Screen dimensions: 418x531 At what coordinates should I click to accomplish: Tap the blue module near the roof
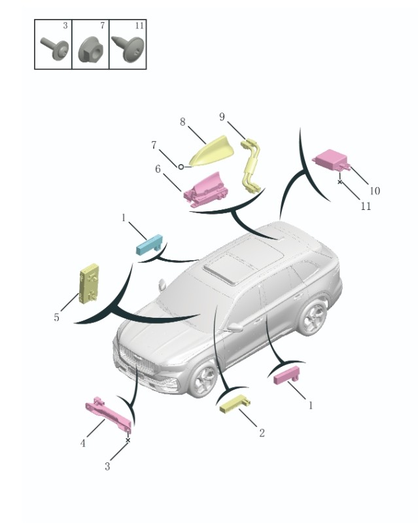click(x=150, y=244)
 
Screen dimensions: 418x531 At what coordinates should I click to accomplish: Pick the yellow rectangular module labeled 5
click(x=89, y=283)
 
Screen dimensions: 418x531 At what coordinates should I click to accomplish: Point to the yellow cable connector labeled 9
click(x=251, y=165)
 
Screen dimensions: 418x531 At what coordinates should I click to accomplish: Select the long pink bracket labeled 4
click(x=108, y=414)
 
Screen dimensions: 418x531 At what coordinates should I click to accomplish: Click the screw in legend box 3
click(x=55, y=48)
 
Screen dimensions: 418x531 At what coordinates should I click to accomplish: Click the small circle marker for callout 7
click(x=181, y=167)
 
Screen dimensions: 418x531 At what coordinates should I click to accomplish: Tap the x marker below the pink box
click(x=340, y=182)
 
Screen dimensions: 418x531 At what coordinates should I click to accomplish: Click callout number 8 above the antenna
click(x=183, y=122)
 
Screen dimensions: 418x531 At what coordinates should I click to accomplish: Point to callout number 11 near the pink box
click(x=366, y=206)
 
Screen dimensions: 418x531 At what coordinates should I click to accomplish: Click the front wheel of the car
click(x=204, y=379)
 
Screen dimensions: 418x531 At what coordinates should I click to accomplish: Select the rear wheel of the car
click(x=313, y=317)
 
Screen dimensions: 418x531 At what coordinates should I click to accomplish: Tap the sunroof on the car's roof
click(x=243, y=262)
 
